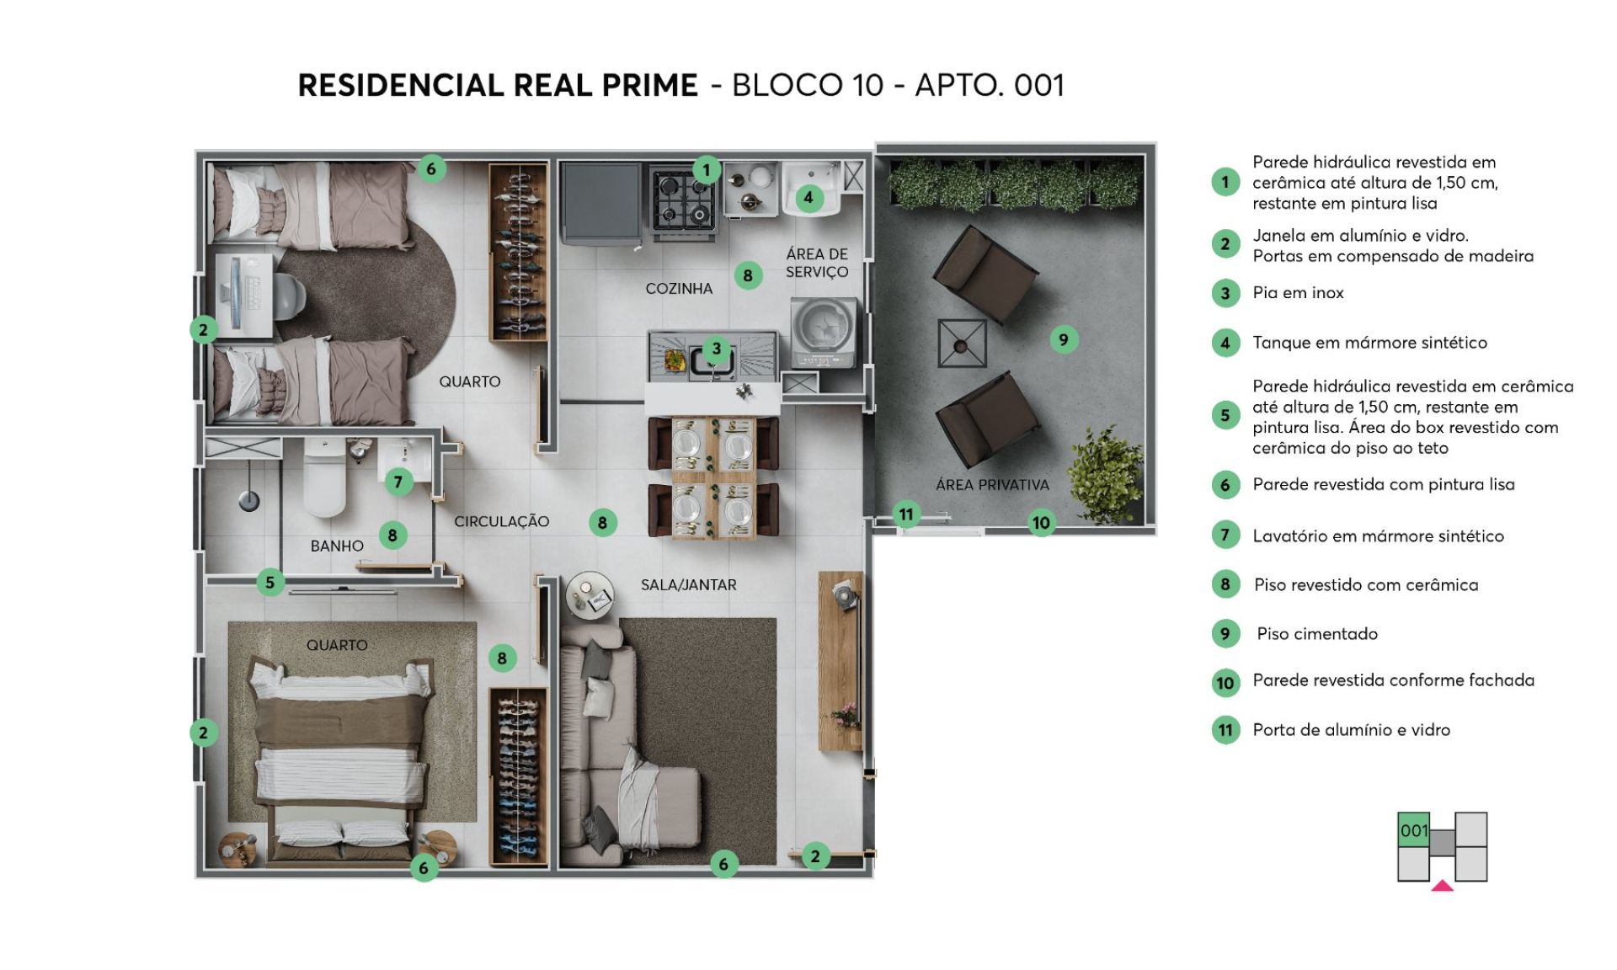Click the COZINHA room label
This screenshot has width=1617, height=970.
679,289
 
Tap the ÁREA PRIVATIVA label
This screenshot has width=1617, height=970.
992,485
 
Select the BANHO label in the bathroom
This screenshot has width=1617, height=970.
337,546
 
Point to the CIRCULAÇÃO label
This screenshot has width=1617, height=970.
502,522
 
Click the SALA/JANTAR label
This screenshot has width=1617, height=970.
688,585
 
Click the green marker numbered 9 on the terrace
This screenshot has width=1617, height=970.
1064,339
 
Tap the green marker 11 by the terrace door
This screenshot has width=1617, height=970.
906,514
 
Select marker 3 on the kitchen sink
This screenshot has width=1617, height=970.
716,349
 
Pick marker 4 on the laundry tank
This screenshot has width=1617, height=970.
808,198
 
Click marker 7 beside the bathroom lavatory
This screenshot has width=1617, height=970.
398,482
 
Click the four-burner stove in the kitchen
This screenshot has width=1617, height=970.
682,199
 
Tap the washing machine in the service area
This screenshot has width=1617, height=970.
825,333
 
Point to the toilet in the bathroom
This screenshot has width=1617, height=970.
325,477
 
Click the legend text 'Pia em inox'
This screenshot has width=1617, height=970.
1298,293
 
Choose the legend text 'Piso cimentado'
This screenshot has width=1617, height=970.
1317,634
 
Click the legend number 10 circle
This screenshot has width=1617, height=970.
1225,683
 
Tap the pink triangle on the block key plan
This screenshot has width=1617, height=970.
1442,885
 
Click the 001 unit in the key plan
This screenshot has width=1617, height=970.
1414,830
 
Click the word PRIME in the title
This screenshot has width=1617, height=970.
648,85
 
